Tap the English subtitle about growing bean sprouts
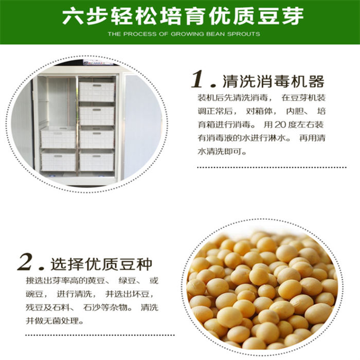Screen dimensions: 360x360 pos(184,34)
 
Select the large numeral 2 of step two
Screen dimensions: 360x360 pos(25,262)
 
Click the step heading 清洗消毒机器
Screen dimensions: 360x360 pos(273,81)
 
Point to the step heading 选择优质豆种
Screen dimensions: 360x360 pos(101,264)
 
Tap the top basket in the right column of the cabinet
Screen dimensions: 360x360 pos(97,92)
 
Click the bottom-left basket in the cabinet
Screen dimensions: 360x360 pos(58,160)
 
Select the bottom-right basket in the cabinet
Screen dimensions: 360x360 pos(97,160)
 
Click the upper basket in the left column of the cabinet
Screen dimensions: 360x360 pos(58,138)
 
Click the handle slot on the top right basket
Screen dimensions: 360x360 pos(97,86)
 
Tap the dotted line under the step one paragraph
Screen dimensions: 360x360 pos(272,167)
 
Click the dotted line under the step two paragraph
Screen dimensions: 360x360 pos(100,335)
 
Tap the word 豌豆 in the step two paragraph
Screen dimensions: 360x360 pos(34,294)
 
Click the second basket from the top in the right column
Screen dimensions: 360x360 pos(97,116)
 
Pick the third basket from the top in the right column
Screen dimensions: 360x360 pos(97,138)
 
